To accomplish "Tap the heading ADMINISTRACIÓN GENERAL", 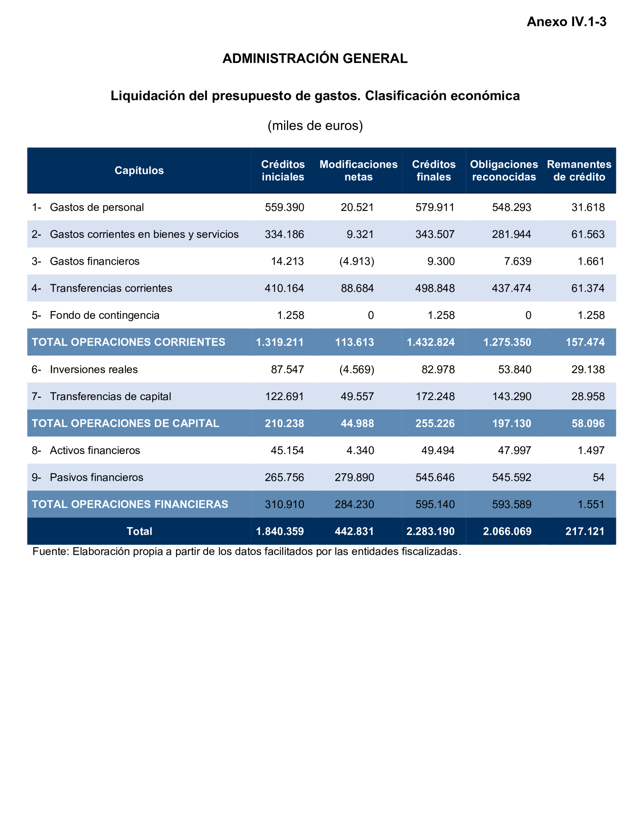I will (x=315, y=59).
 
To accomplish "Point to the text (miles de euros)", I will (x=315, y=126).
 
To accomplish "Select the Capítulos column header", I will (x=139, y=171).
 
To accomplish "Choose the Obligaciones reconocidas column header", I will (x=504, y=171).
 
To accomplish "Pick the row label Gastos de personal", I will (x=97, y=207).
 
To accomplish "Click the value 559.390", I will (x=284, y=207).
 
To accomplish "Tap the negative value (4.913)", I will (x=356, y=261).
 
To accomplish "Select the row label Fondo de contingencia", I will (x=104, y=315).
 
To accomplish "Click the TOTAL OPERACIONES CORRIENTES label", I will (x=128, y=342).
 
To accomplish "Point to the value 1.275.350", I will (x=507, y=342).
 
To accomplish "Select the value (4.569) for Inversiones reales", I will (x=356, y=369).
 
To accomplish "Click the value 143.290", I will (x=511, y=396).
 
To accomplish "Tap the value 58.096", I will (x=588, y=423).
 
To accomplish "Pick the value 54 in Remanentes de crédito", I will (x=598, y=477).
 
